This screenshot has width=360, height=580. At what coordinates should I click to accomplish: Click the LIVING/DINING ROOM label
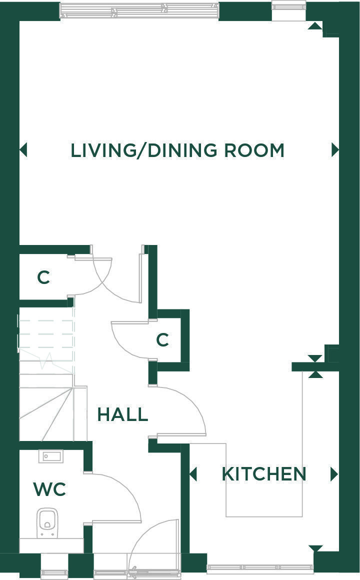(177, 150)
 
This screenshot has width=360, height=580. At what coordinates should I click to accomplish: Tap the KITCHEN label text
(264, 474)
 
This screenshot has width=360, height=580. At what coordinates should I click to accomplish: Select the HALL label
(123, 414)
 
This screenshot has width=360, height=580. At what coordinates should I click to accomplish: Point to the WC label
(49, 489)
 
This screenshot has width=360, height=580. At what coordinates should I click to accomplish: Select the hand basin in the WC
(51, 456)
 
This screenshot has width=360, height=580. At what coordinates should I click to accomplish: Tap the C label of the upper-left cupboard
(43, 277)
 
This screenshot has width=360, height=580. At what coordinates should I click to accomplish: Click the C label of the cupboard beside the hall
(162, 339)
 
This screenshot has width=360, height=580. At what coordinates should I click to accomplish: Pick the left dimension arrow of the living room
(23, 150)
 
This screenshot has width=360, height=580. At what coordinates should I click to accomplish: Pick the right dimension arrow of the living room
(335, 150)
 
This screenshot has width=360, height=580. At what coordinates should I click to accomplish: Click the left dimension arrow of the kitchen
(193, 474)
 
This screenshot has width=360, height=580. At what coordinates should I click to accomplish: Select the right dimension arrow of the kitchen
(334, 474)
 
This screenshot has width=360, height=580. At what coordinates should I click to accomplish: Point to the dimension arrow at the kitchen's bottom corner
(315, 548)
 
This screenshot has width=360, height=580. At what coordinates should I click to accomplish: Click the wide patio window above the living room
(139, 10)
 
